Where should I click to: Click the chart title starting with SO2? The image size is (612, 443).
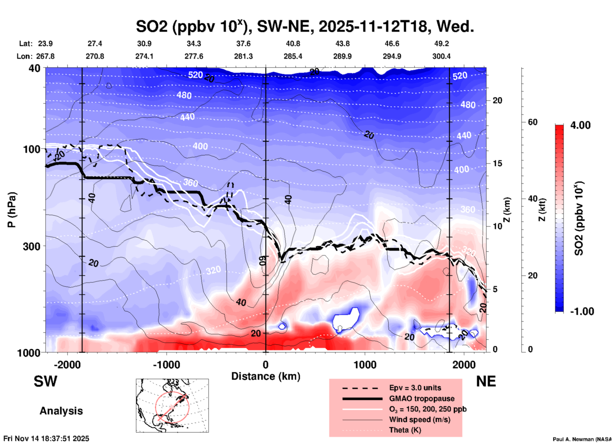click(305, 26)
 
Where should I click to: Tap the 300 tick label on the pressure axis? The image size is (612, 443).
click(31, 246)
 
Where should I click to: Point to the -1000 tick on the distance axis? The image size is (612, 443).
click(167, 365)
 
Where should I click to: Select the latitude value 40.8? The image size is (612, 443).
click(293, 44)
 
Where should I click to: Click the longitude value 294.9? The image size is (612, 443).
click(392, 56)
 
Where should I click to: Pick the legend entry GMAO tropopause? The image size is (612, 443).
click(422, 399)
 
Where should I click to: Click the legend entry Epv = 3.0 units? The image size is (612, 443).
click(415, 388)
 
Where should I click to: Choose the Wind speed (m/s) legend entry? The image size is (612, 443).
click(419, 419)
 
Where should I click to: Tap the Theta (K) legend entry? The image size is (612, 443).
click(405, 430)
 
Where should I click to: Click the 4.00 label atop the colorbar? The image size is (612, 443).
click(580, 125)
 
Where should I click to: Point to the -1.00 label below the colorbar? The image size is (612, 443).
click(582, 311)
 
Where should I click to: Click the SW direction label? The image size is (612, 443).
click(45, 381)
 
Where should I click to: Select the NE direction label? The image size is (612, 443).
click(486, 381)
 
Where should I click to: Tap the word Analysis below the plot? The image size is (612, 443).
click(61, 411)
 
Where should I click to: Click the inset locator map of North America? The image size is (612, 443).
click(172, 406)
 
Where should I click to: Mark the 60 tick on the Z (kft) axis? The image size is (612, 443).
click(533, 122)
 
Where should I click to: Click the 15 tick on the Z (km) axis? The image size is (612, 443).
click(497, 163)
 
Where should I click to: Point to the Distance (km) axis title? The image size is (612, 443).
click(266, 376)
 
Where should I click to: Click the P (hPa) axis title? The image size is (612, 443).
click(12, 210)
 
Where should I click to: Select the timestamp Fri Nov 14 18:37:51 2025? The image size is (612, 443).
click(46, 439)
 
